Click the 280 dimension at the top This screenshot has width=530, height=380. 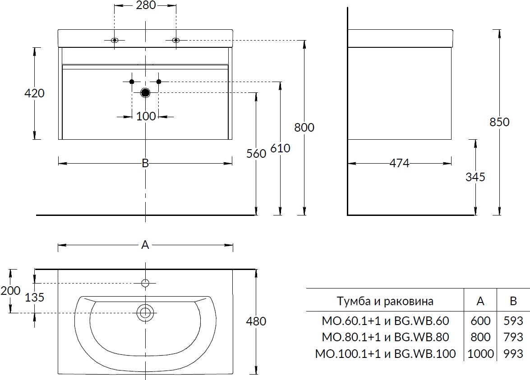(x=145, y=6)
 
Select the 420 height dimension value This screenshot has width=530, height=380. (x=35, y=93)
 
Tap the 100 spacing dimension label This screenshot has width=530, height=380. (x=145, y=116)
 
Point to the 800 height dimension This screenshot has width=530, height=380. (x=304, y=128)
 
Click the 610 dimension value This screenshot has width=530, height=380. (x=280, y=148)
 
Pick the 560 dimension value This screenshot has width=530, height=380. (x=256, y=154)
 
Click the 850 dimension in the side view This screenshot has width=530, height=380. (x=499, y=122)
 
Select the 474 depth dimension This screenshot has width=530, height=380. (x=399, y=164)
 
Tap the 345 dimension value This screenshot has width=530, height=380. (x=475, y=177)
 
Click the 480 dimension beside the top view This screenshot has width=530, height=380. (x=256, y=321)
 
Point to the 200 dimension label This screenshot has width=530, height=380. (x=10, y=291)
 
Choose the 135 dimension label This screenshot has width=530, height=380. (x=35, y=298)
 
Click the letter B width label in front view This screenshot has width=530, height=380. (x=145, y=164)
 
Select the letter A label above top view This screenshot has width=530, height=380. (x=145, y=245)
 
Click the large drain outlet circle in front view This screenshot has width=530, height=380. (x=145, y=93)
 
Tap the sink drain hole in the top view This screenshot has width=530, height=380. (x=145, y=312)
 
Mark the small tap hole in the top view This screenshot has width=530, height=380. (x=145, y=283)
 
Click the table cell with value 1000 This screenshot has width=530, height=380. (x=480, y=353)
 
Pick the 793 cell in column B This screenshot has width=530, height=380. (x=513, y=337)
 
